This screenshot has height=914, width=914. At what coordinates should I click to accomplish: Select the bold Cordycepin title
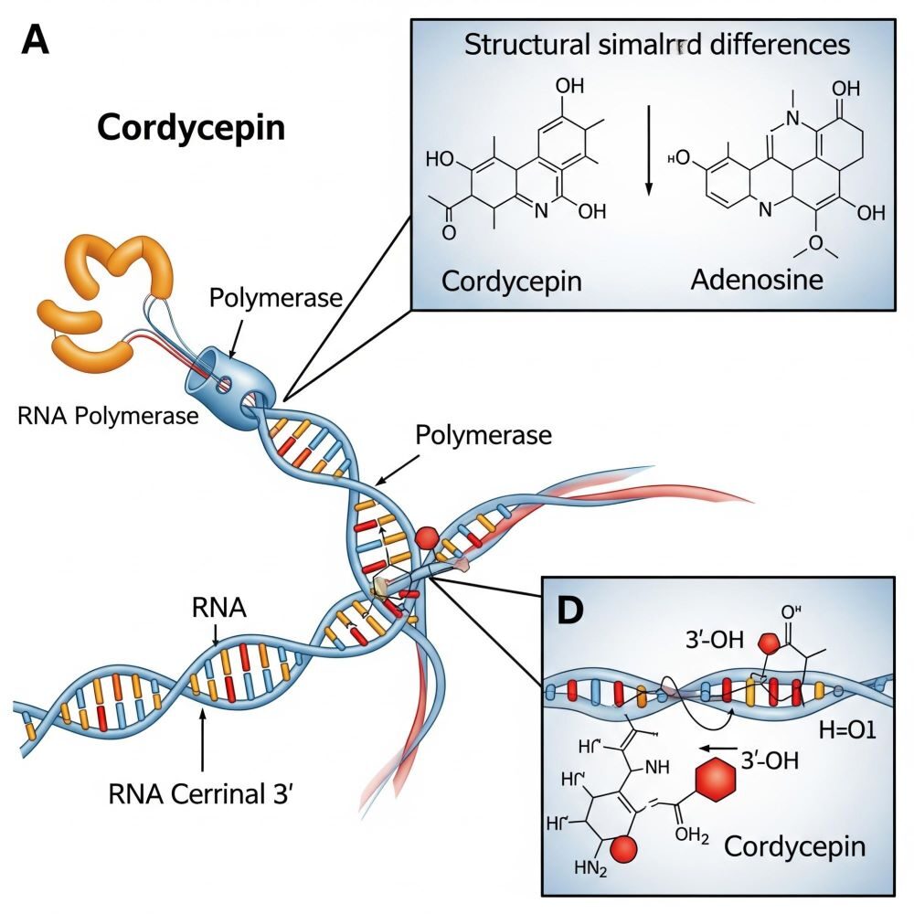coord(190,127)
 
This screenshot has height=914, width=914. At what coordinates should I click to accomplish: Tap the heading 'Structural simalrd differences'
coord(657,45)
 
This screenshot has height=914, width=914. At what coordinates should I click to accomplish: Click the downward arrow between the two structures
coord(649,150)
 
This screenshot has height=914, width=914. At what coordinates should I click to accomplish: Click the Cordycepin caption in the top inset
coord(511,280)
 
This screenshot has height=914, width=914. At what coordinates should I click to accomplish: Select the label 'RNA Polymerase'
coord(108,416)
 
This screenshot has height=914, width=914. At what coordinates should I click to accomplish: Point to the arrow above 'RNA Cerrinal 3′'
coord(202,740)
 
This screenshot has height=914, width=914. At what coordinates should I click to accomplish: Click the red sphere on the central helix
coord(427,538)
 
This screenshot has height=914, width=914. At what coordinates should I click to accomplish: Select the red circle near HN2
coord(621,850)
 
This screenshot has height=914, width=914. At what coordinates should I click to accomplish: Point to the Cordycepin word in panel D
coord(793,846)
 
